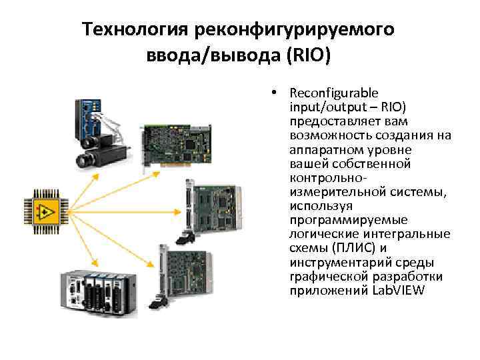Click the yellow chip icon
45,213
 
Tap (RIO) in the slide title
307,54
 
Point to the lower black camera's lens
84,160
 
